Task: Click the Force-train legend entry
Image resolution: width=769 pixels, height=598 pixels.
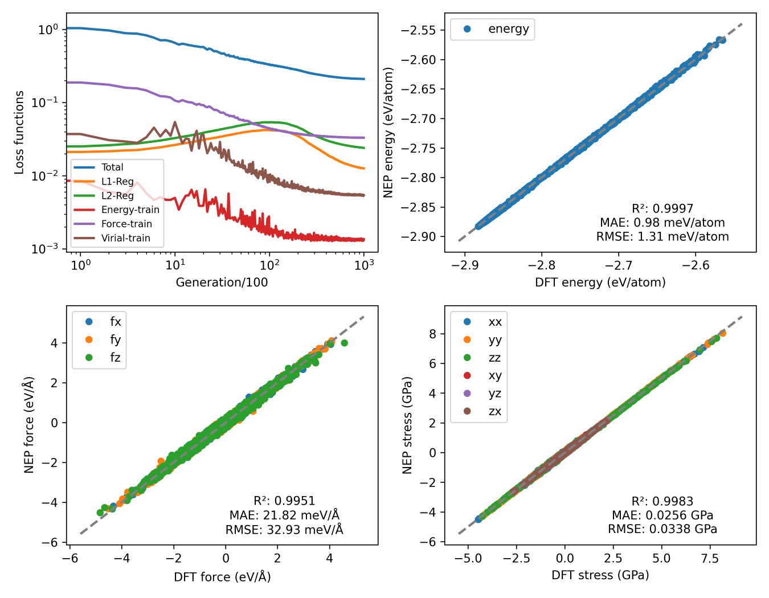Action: pyautogui.click(x=126, y=224)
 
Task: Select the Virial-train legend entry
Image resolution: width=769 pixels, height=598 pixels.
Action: pyautogui.click(x=125, y=238)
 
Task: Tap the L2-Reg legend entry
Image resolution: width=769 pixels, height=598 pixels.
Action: pyautogui.click(x=117, y=195)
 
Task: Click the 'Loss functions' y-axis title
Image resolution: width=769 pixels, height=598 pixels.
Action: pyautogui.click(x=19, y=132)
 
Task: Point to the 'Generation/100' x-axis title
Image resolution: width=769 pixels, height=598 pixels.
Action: pyautogui.click(x=222, y=282)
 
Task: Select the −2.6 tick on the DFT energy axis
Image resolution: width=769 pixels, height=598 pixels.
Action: pyautogui.click(x=696, y=265)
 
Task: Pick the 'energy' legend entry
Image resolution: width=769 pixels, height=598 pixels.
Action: pyautogui.click(x=508, y=29)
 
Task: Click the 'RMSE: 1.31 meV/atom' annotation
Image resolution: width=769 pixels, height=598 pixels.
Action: pyautogui.click(x=662, y=236)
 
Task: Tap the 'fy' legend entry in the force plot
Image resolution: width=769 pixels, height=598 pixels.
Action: pyautogui.click(x=115, y=340)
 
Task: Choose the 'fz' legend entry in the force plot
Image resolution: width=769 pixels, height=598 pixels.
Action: pyautogui.click(x=115, y=358)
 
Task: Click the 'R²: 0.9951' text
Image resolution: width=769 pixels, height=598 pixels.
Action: pyautogui.click(x=284, y=501)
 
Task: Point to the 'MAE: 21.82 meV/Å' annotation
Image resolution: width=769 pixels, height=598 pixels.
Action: pyautogui.click(x=284, y=515)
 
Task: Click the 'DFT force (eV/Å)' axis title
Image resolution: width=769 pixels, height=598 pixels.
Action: pyautogui.click(x=222, y=577)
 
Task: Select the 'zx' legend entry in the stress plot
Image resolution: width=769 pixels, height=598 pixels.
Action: pyautogui.click(x=494, y=411)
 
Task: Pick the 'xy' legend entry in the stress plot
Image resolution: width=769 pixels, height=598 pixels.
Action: pyautogui.click(x=494, y=376)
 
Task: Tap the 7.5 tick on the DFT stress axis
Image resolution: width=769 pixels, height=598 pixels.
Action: pyautogui.click(x=710, y=559)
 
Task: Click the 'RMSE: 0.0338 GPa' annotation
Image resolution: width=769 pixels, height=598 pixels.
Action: pyautogui.click(x=662, y=529)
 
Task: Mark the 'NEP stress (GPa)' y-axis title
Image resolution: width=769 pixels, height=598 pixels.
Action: pyautogui.click(x=407, y=424)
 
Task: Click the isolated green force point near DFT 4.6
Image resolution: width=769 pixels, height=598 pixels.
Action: pyautogui.click(x=344, y=343)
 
